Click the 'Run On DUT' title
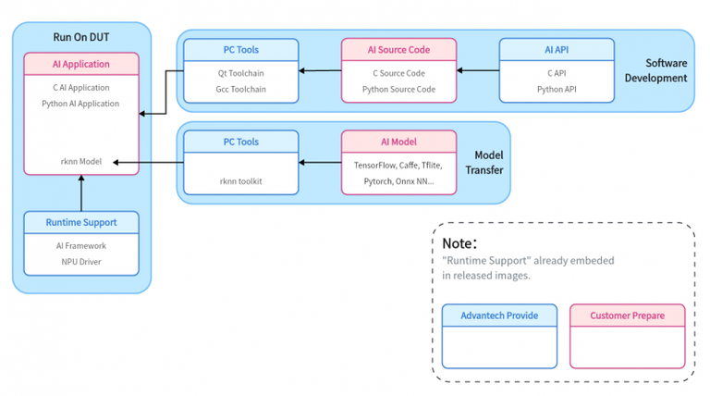(81, 37)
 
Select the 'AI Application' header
(81, 64)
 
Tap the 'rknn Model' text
(81, 161)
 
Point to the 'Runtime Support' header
(81, 222)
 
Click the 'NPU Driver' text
(81, 262)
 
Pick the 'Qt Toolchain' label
(241, 73)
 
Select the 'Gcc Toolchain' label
(241, 89)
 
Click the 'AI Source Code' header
(398, 50)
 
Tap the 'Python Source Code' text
(398, 89)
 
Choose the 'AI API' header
(557, 50)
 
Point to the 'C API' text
(557, 73)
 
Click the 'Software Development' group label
(655, 70)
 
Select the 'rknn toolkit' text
(241, 181)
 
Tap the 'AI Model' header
(398, 142)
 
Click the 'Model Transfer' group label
(484, 162)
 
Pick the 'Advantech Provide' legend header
(499, 316)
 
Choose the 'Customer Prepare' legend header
(627, 316)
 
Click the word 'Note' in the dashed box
(457, 243)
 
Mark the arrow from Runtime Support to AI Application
(81, 193)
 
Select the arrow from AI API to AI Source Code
(478, 70)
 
